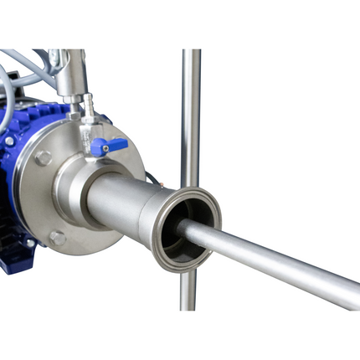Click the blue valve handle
[112, 147]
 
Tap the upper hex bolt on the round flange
[44, 157]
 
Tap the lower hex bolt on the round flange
[57, 239]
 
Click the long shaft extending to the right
[276, 260]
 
